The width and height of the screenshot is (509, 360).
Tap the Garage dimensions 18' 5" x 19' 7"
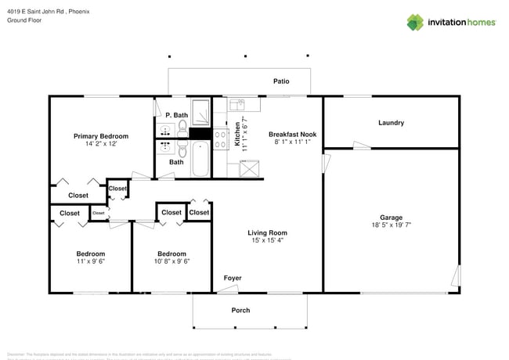[x=391, y=225]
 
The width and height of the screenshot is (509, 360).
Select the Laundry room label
[x=391, y=123]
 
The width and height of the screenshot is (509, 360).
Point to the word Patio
[x=281, y=81]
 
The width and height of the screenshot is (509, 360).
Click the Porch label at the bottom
[x=240, y=311]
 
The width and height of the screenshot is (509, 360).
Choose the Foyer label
[x=233, y=278]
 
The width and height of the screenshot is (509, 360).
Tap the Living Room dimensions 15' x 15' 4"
[x=267, y=240]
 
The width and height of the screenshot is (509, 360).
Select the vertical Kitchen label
[x=236, y=134]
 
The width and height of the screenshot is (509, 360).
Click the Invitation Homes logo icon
[x=415, y=22]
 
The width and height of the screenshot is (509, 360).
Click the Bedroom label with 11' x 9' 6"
[x=90, y=254]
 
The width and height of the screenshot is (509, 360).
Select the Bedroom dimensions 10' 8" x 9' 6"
[x=171, y=261]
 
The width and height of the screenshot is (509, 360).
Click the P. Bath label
[x=176, y=115]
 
